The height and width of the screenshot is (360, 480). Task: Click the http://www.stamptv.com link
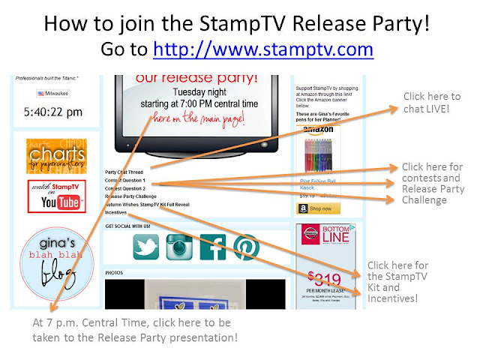tap(262, 49)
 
